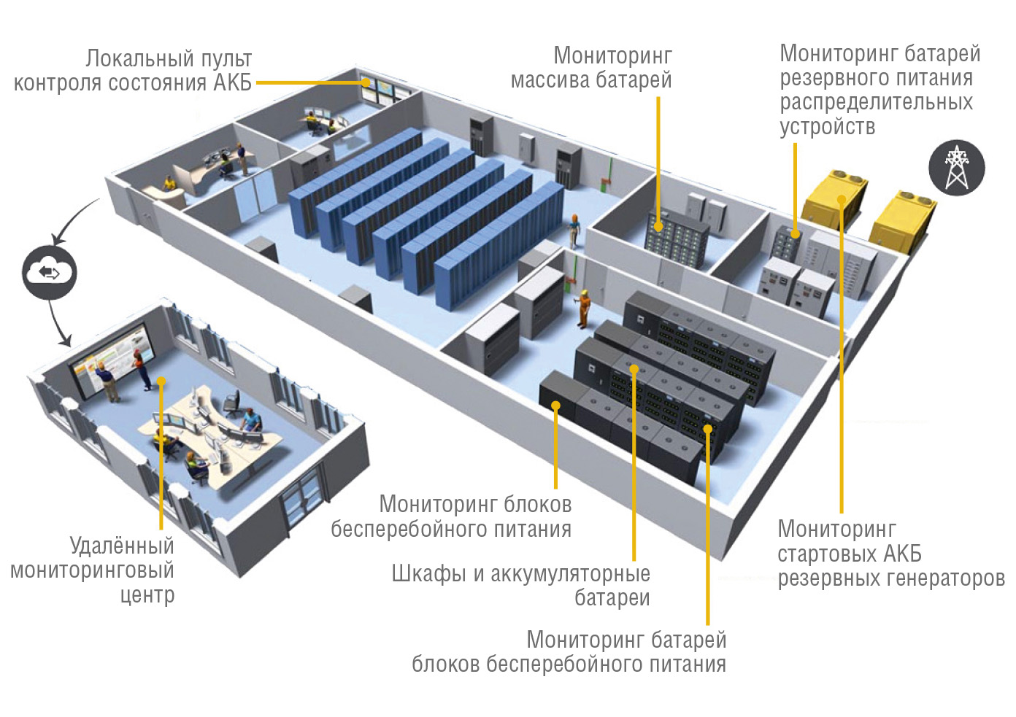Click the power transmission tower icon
[956, 167]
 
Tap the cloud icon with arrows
[49, 273]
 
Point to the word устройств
[827, 126]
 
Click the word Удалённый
[122, 546]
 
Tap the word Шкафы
[428, 573]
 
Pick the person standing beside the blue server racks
[574, 230]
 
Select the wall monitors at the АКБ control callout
[382, 87]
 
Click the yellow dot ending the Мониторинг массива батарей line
[658, 227]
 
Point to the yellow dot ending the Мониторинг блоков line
[556, 406]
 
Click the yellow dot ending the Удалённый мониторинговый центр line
[161, 381]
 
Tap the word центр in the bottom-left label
[147, 594]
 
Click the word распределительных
[876, 102]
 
